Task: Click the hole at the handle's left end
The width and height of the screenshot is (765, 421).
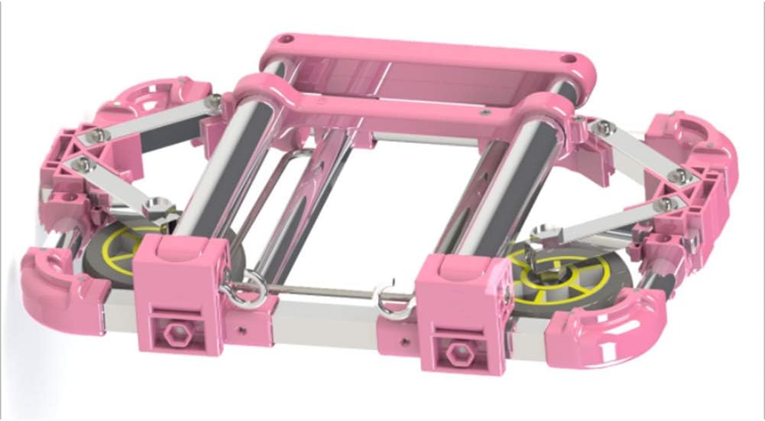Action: pos(285,38)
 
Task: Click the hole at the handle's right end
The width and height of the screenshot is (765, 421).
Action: pos(569,58)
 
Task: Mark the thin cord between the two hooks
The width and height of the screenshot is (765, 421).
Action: pos(321,289)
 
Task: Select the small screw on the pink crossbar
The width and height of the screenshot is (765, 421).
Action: pos(484,113)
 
